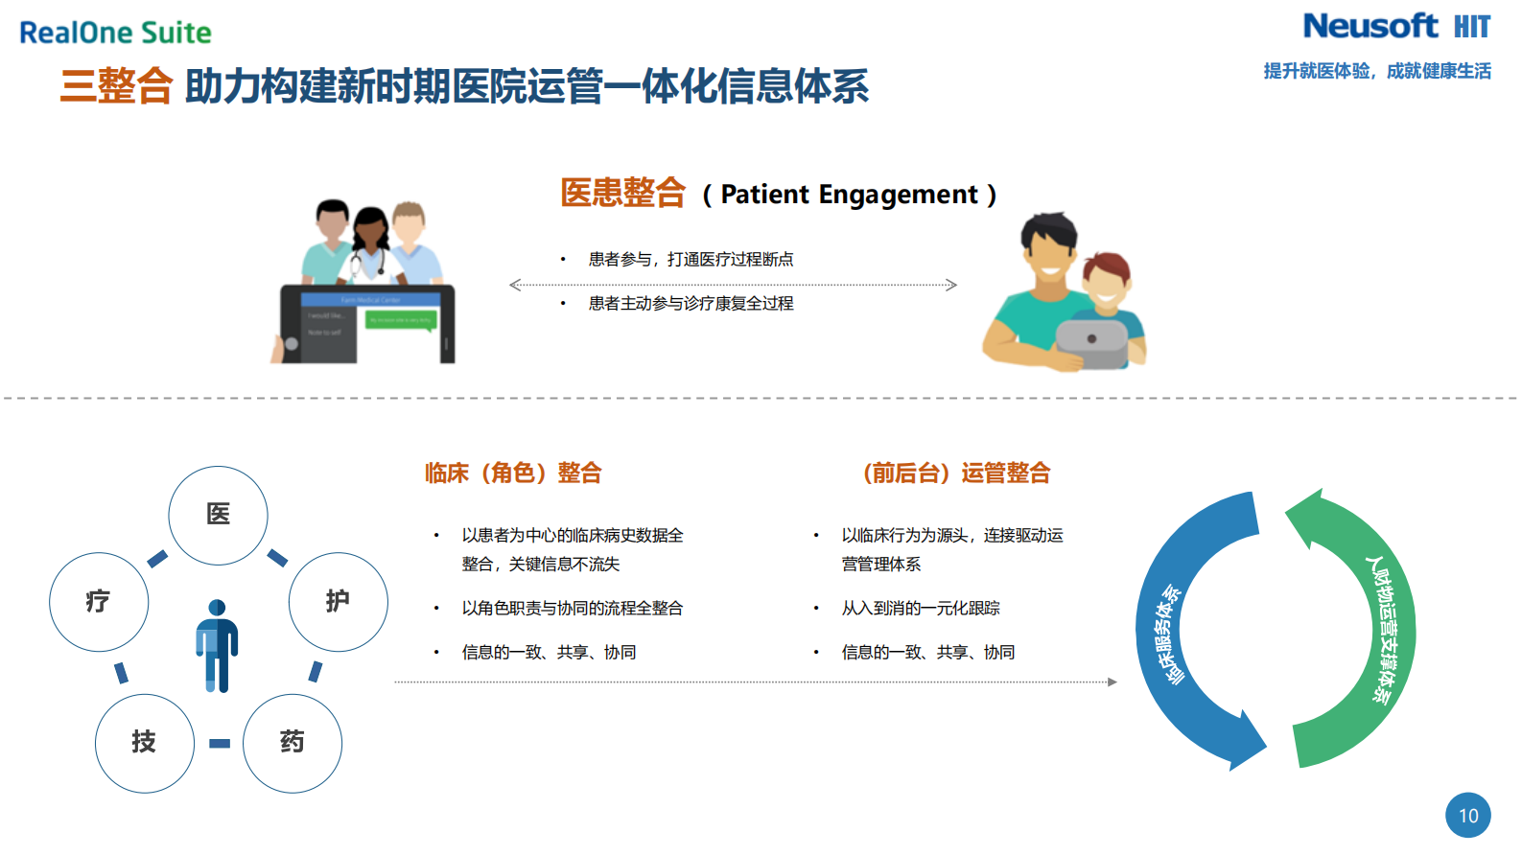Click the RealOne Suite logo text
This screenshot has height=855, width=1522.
[115, 33]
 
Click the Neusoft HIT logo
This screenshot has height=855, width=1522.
[1395, 27]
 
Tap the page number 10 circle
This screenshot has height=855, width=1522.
[1467, 816]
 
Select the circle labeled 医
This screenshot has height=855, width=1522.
[218, 515]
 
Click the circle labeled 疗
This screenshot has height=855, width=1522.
[99, 602]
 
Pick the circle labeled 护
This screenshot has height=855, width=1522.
[338, 602]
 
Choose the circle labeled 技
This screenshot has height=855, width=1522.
[144, 743]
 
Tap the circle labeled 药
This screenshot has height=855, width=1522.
[292, 743]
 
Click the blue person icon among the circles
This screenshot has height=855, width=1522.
[218, 645]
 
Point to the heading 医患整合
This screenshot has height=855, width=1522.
[622, 193]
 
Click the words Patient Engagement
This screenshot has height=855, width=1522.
[849, 195]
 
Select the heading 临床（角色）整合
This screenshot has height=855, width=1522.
[513, 473]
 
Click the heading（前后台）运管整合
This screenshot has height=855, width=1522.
[956, 473]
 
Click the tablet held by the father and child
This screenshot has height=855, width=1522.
[1091, 342]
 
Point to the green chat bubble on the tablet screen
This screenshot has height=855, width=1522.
[401, 320]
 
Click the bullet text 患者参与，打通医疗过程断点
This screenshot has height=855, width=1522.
[691, 259]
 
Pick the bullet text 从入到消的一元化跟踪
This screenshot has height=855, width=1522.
[920, 608]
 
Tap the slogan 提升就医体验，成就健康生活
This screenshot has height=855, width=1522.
[1376, 71]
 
